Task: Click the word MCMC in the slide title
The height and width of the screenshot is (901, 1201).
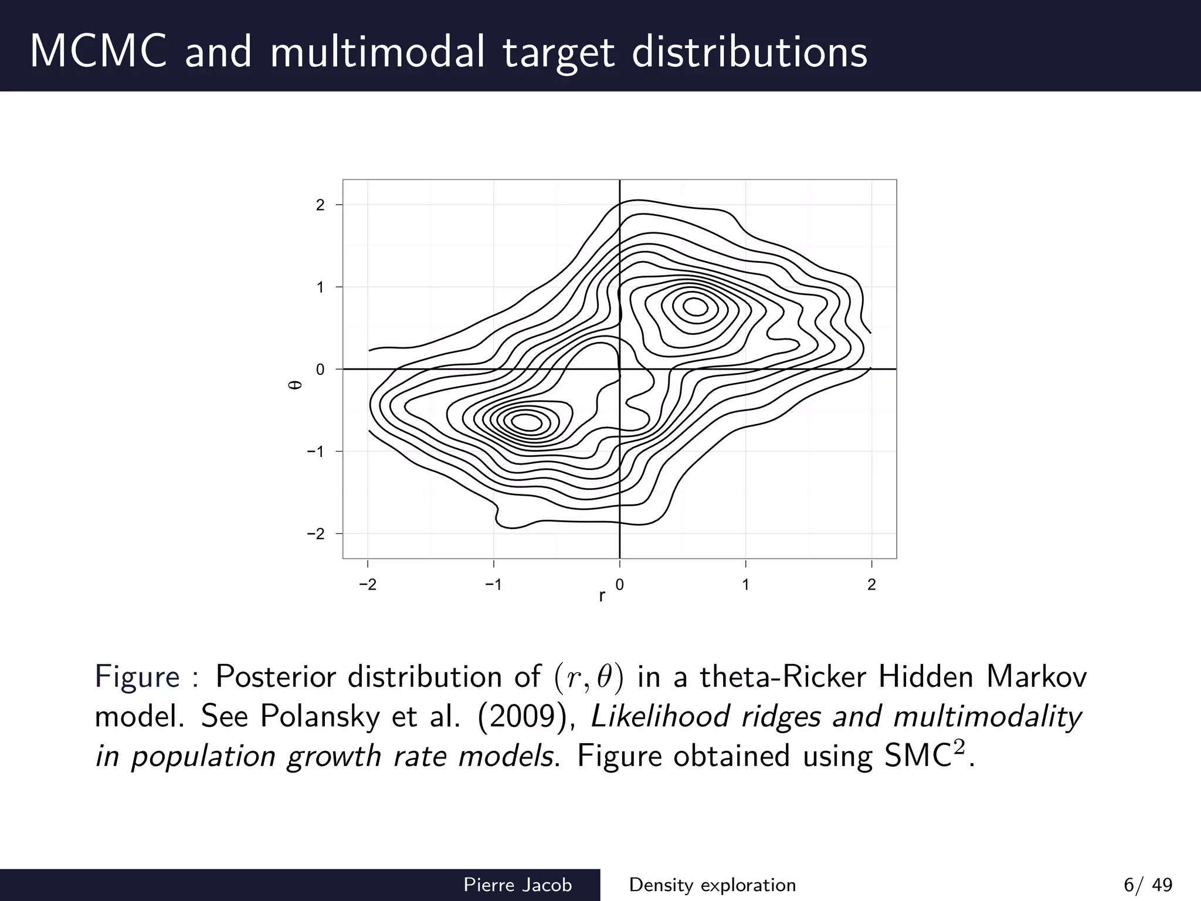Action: coord(98,52)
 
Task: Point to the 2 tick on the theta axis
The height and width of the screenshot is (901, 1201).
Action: coord(320,205)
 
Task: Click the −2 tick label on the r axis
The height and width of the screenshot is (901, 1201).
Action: coord(368,585)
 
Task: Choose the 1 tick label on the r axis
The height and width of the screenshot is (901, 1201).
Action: coord(745,585)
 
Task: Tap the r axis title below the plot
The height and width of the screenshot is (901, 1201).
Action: coord(602,597)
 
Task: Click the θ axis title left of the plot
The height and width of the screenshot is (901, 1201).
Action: coord(297,385)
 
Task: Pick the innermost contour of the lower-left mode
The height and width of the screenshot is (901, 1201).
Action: coord(526,422)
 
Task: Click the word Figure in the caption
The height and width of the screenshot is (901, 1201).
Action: coord(137,677)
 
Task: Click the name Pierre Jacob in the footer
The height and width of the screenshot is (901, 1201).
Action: coord(517,885)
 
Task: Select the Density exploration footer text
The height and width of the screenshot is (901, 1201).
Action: coord(713,885)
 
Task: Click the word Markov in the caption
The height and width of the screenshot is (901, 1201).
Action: coord(1036,677)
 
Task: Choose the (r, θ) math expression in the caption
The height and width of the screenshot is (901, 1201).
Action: coord(588,678)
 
